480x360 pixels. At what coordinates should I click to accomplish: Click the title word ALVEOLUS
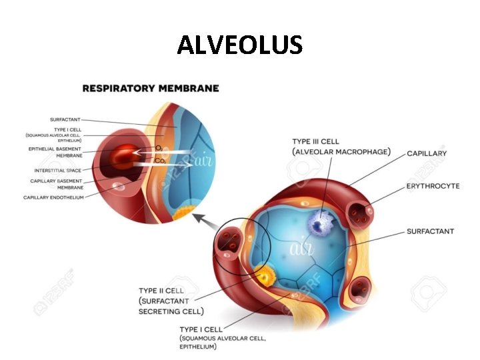(240, 45)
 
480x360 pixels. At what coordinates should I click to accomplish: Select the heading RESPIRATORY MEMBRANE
(151, 88)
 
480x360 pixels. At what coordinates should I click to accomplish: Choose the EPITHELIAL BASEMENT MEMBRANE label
(55, 151)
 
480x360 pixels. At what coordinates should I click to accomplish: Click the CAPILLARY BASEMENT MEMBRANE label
(57, 184)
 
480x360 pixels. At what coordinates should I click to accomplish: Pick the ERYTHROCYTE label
(433, 186)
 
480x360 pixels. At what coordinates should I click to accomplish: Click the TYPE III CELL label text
(315, 141)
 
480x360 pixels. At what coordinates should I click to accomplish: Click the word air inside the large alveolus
(299, 249)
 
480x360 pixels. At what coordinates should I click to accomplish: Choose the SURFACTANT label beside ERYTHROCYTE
(430, 231)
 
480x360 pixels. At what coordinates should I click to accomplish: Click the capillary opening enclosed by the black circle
(229, 242)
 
